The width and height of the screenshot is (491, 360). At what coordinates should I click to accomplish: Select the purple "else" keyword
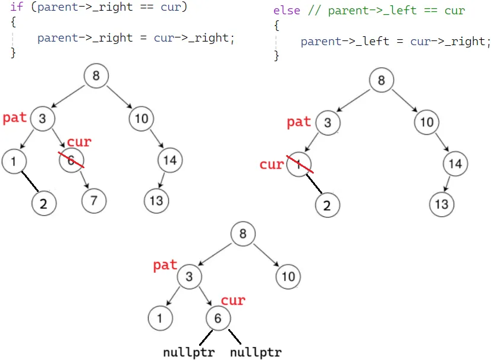click(x=287, y=11)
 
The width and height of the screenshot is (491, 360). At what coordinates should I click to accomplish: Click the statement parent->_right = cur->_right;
click(x=136, y=38)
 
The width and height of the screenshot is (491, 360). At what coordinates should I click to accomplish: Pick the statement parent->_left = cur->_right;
click(x=396, y=42)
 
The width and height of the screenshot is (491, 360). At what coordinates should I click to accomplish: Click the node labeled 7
click(x=94, y=201)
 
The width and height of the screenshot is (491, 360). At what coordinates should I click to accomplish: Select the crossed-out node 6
click(x=71, y=160)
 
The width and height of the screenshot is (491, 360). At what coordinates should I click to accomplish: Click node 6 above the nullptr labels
click(x=218, y=318)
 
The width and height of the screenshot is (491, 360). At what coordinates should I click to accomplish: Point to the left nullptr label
click(x=188, y=352)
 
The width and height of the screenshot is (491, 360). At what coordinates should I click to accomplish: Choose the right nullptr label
click(x=256, y=352)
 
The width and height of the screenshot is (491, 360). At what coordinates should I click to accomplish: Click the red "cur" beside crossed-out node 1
click(x=271, y=165)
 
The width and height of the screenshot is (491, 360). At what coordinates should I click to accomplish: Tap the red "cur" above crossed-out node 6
click(x=79, y=142)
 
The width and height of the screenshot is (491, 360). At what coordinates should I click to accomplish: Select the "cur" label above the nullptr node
click(x=233, y=300)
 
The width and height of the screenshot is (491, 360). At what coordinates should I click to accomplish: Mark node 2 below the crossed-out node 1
click(x=327, y=206)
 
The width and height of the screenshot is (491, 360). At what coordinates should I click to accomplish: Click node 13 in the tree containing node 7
click(x=156, y=201)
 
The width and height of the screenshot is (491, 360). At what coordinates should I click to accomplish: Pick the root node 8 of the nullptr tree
click(x=243, y=234)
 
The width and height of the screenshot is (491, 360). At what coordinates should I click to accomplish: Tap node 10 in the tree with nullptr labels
click(x=288, y=276)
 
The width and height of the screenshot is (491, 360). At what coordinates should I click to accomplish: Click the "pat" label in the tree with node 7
click(x=15, y=118)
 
